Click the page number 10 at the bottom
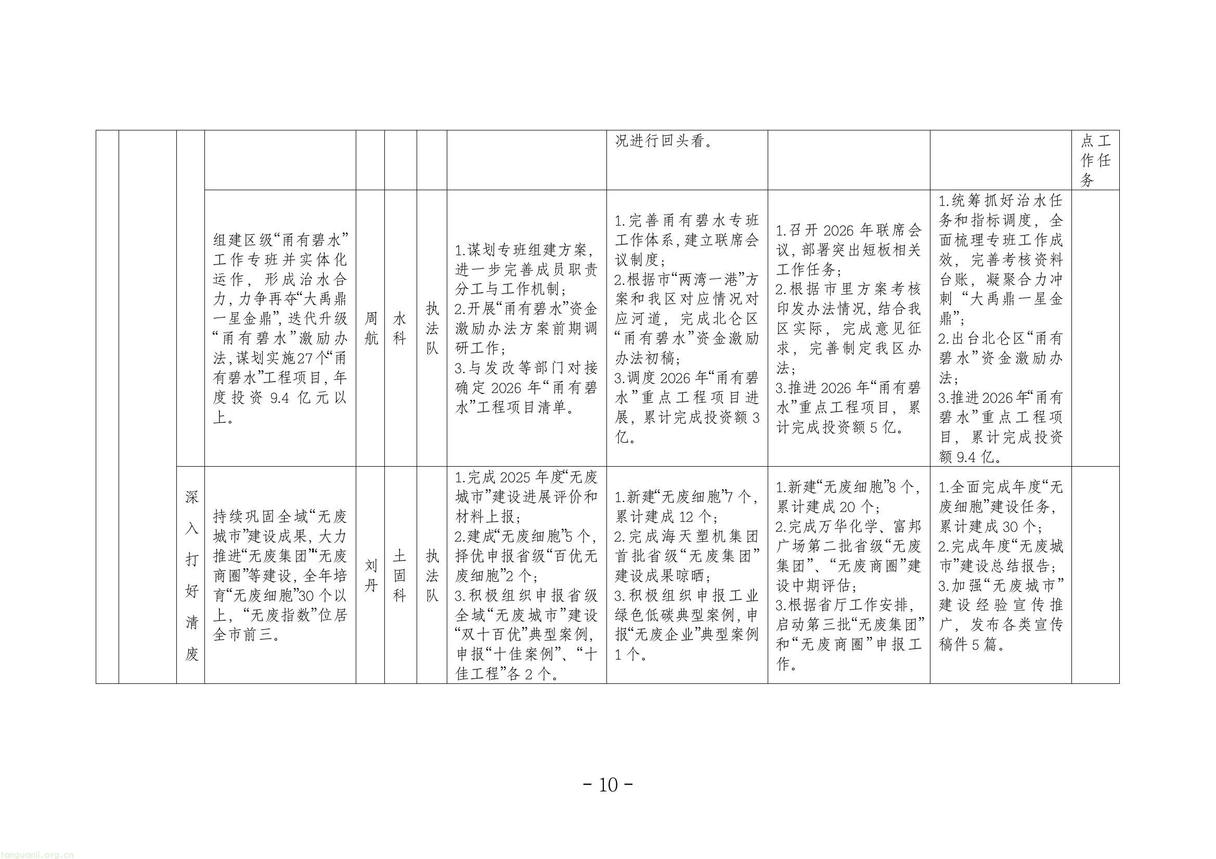coord(608,784)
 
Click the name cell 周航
coord(371,328)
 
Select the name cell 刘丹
coord(371,575)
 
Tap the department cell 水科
coord(400,328)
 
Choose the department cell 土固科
coord(400,575)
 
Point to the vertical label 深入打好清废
coord(191,575)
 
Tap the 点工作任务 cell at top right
coord(1095,161)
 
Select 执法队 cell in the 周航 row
coord(432,328)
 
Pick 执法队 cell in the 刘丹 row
coord(432,575)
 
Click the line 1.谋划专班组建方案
coord(524,250)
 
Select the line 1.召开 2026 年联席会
coord(848,231)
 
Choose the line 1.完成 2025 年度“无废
coord(526,478)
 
